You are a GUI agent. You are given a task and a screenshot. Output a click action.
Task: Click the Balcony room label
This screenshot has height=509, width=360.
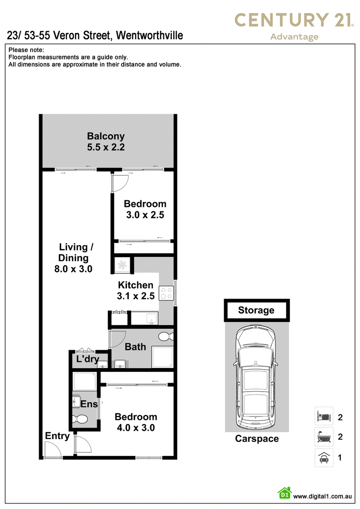(106, 136)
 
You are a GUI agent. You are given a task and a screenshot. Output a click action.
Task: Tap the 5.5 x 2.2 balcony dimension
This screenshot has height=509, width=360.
(106, 147)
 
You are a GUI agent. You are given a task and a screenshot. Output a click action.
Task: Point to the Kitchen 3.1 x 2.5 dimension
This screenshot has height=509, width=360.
(136, 296)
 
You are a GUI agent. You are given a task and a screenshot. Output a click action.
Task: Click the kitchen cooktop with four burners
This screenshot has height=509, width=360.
(166, 293)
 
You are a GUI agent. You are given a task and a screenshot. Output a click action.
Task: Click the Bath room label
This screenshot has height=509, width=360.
(135, 347)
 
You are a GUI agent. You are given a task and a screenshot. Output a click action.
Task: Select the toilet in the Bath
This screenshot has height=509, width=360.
(166, 336)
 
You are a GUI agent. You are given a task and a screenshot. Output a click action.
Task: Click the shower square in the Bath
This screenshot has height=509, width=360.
(162, 357)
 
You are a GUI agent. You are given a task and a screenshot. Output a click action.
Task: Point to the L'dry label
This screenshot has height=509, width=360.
(87, 359)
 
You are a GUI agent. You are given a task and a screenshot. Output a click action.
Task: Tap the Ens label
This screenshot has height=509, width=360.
(89, 404)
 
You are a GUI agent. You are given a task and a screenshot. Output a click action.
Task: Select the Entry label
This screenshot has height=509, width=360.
(57, 436)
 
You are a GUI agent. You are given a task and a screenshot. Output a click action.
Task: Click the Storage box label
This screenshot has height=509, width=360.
(256, 310)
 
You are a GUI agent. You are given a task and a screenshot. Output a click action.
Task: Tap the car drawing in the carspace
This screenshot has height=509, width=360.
(256, 377)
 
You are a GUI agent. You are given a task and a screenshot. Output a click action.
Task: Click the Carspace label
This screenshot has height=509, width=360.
(257, 438)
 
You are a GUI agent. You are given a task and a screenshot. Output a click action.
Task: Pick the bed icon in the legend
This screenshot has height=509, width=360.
(324, 416)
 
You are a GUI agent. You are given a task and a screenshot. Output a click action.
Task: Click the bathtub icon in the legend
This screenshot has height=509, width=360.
(324, 437)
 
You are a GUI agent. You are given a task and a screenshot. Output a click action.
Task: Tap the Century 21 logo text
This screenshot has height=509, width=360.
(294, 20)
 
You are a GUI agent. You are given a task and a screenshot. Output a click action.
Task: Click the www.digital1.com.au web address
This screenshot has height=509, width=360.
(322, 496)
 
